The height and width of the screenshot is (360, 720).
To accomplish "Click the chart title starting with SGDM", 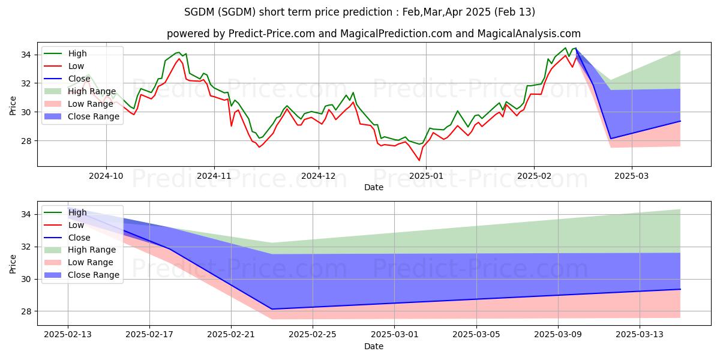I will (360, 12).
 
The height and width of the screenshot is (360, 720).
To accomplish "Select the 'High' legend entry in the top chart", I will (76, 53).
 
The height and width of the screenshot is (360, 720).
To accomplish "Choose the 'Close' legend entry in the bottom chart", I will (78, 237).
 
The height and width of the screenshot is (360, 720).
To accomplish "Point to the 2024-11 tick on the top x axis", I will (214, 176).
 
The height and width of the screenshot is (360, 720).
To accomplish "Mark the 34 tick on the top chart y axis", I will (26, 55).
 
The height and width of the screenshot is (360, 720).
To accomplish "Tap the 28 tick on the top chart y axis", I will (26, 141).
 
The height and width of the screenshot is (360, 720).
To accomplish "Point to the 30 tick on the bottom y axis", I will (26, 279).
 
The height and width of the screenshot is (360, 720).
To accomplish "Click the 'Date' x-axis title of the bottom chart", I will (373, 346).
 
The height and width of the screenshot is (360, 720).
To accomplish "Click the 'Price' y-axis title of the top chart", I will (13, 105).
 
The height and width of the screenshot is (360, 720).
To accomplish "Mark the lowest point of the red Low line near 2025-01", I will (419, 160).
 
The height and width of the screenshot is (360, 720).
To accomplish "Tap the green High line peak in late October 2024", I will (178, 52).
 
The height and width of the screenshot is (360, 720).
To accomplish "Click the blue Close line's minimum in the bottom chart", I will (272, 309).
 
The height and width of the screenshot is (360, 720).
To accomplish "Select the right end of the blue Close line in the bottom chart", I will (680, 289).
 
